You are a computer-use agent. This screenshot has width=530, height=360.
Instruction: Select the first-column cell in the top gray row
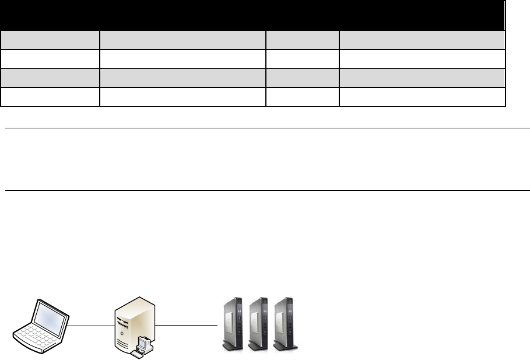pos(50,40)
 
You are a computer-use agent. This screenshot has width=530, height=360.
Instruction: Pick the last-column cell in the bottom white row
pos(422,97)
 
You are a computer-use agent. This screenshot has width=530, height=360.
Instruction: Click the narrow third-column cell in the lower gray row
pos(303,78)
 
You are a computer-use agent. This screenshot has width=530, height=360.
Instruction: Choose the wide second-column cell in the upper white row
pos(182,59)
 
